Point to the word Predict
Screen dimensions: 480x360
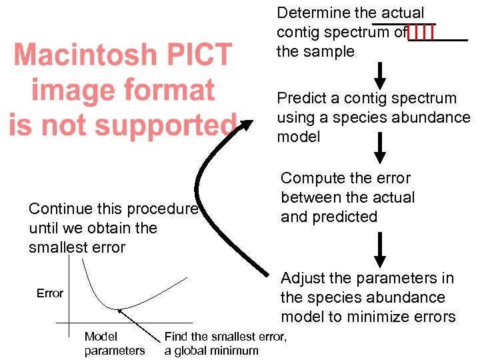coord(301,99)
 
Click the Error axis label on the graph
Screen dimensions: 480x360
coord(50,293)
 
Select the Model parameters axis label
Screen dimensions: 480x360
coord(114,344)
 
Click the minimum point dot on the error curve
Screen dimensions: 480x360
coord(119,309)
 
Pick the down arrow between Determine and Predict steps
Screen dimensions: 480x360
coord(379,75)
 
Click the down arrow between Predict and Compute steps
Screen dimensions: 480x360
coord(379,148)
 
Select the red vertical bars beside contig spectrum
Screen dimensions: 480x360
coord(421,31)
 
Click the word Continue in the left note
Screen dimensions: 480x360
coord(57,209)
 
